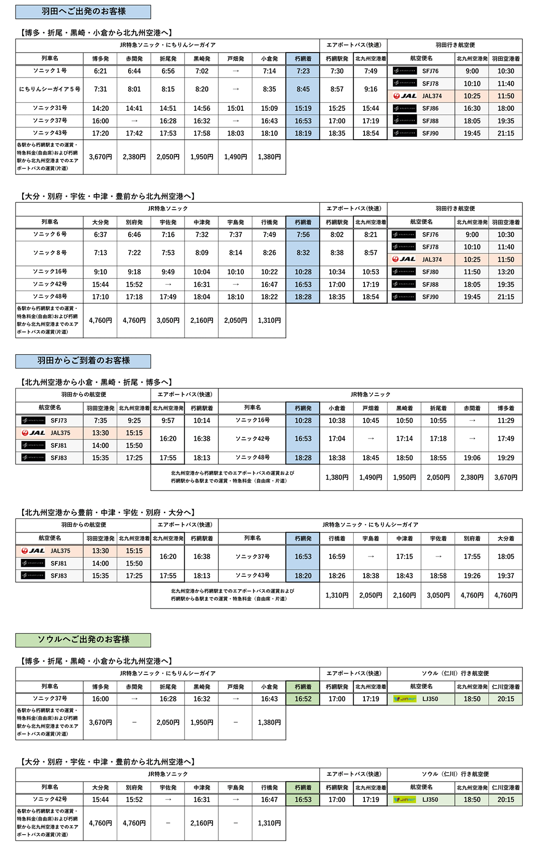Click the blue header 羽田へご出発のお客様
(x=83, y=12)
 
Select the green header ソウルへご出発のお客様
(x=83, y=639)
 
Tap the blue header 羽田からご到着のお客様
(x=83, y=360)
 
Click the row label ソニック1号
(x=50, y=71)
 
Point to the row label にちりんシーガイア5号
(x=50, y=89)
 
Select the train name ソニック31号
(x=50, y=108)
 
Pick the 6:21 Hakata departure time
(x=100, y=71)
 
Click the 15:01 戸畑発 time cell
(x=235, y=108)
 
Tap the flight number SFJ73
(x=59, y=421)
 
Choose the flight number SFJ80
(x=430, y=272)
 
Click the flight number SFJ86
(x=430, y=108)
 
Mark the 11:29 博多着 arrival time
(x=506, y=421)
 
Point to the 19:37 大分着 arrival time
(x=506, y=576)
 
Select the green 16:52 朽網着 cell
(x=303, y=699)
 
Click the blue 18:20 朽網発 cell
(x=303, y=576)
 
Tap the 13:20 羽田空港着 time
(x=506, y=272)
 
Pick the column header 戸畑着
(x=371, y=408)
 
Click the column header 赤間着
(x=472, y=408)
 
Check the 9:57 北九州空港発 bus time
(x=168, y=421)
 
